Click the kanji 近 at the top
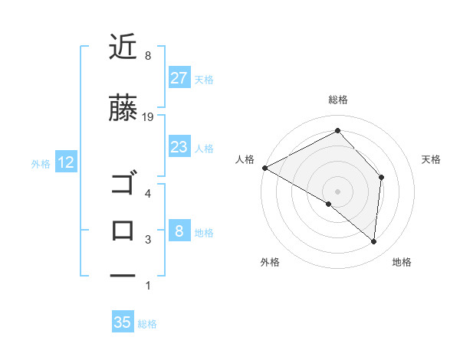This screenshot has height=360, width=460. pos(123,47)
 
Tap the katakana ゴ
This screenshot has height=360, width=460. pos(123,185)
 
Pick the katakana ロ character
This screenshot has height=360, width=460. pos(123,230)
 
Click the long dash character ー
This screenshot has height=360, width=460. pos(123,274)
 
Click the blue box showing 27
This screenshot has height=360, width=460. pos(179,78)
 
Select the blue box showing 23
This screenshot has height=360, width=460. pos(179,147)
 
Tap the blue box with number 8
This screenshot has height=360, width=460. pos(179,231)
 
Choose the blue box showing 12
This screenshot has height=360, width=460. pos(65,162)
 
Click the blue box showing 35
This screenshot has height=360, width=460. pos(122,322)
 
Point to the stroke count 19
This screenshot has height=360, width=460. pos(149,116)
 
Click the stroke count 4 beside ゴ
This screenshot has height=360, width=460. pos(148,193)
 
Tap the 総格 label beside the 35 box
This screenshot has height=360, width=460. pos(147,324)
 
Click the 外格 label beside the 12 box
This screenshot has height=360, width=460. pos(41,163)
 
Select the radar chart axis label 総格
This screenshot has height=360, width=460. pos(337,100)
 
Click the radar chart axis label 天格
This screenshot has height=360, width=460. pos(431,159)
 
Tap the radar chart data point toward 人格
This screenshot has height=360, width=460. pos(264,168)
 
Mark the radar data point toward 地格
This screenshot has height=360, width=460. pos(373,241)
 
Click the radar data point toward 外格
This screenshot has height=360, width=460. pos(329,204)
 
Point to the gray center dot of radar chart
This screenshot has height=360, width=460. pos(337,191)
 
